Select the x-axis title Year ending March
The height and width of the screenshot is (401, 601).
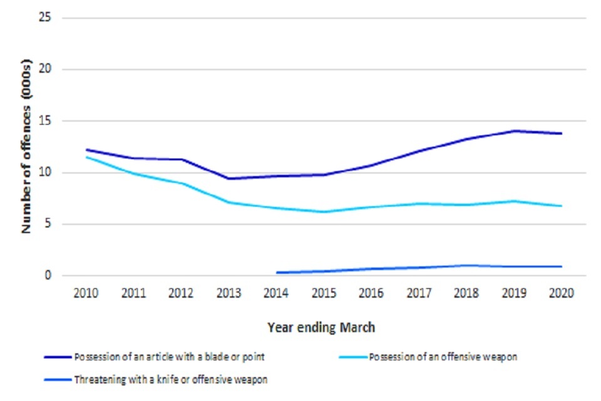coord(321,327)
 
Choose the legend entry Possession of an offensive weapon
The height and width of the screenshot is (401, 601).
coord(443,358)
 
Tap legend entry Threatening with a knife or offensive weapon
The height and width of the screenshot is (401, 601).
coord(171,380)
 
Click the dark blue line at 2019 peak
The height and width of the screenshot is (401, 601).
coord(514,131)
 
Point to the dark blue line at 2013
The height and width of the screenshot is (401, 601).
coord(229,179)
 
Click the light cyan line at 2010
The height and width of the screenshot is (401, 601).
coord(86,157)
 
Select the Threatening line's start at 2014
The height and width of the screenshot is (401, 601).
coord(277,273)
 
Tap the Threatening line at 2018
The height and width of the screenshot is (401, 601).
coord(466,266)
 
